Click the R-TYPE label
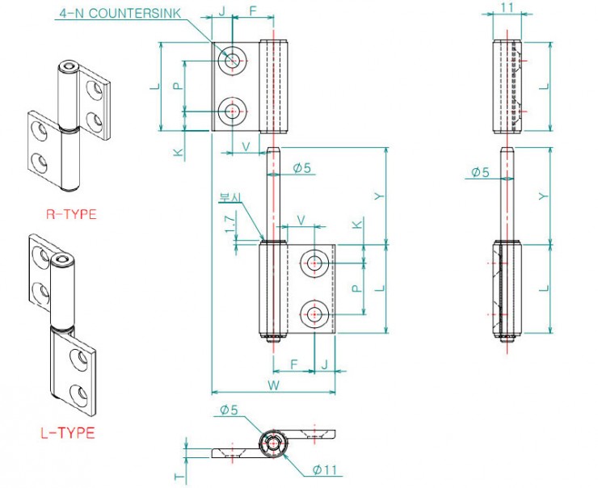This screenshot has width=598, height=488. click(x=71, y=214)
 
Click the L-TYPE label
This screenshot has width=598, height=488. click(x=68, y=433)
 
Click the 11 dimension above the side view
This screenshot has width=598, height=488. click(x=508, y=7)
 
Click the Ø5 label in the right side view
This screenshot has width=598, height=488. click(x=480, y=172)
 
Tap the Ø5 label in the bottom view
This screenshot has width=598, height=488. click(x=229, y=411)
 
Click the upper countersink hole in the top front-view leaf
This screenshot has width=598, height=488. click(x=234, y=59)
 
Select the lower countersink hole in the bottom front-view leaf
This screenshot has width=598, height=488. click(x=314, y=313)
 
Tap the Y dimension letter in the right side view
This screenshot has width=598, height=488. click(x=543, y=196)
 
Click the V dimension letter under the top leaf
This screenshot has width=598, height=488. click(x=246, y=147)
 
